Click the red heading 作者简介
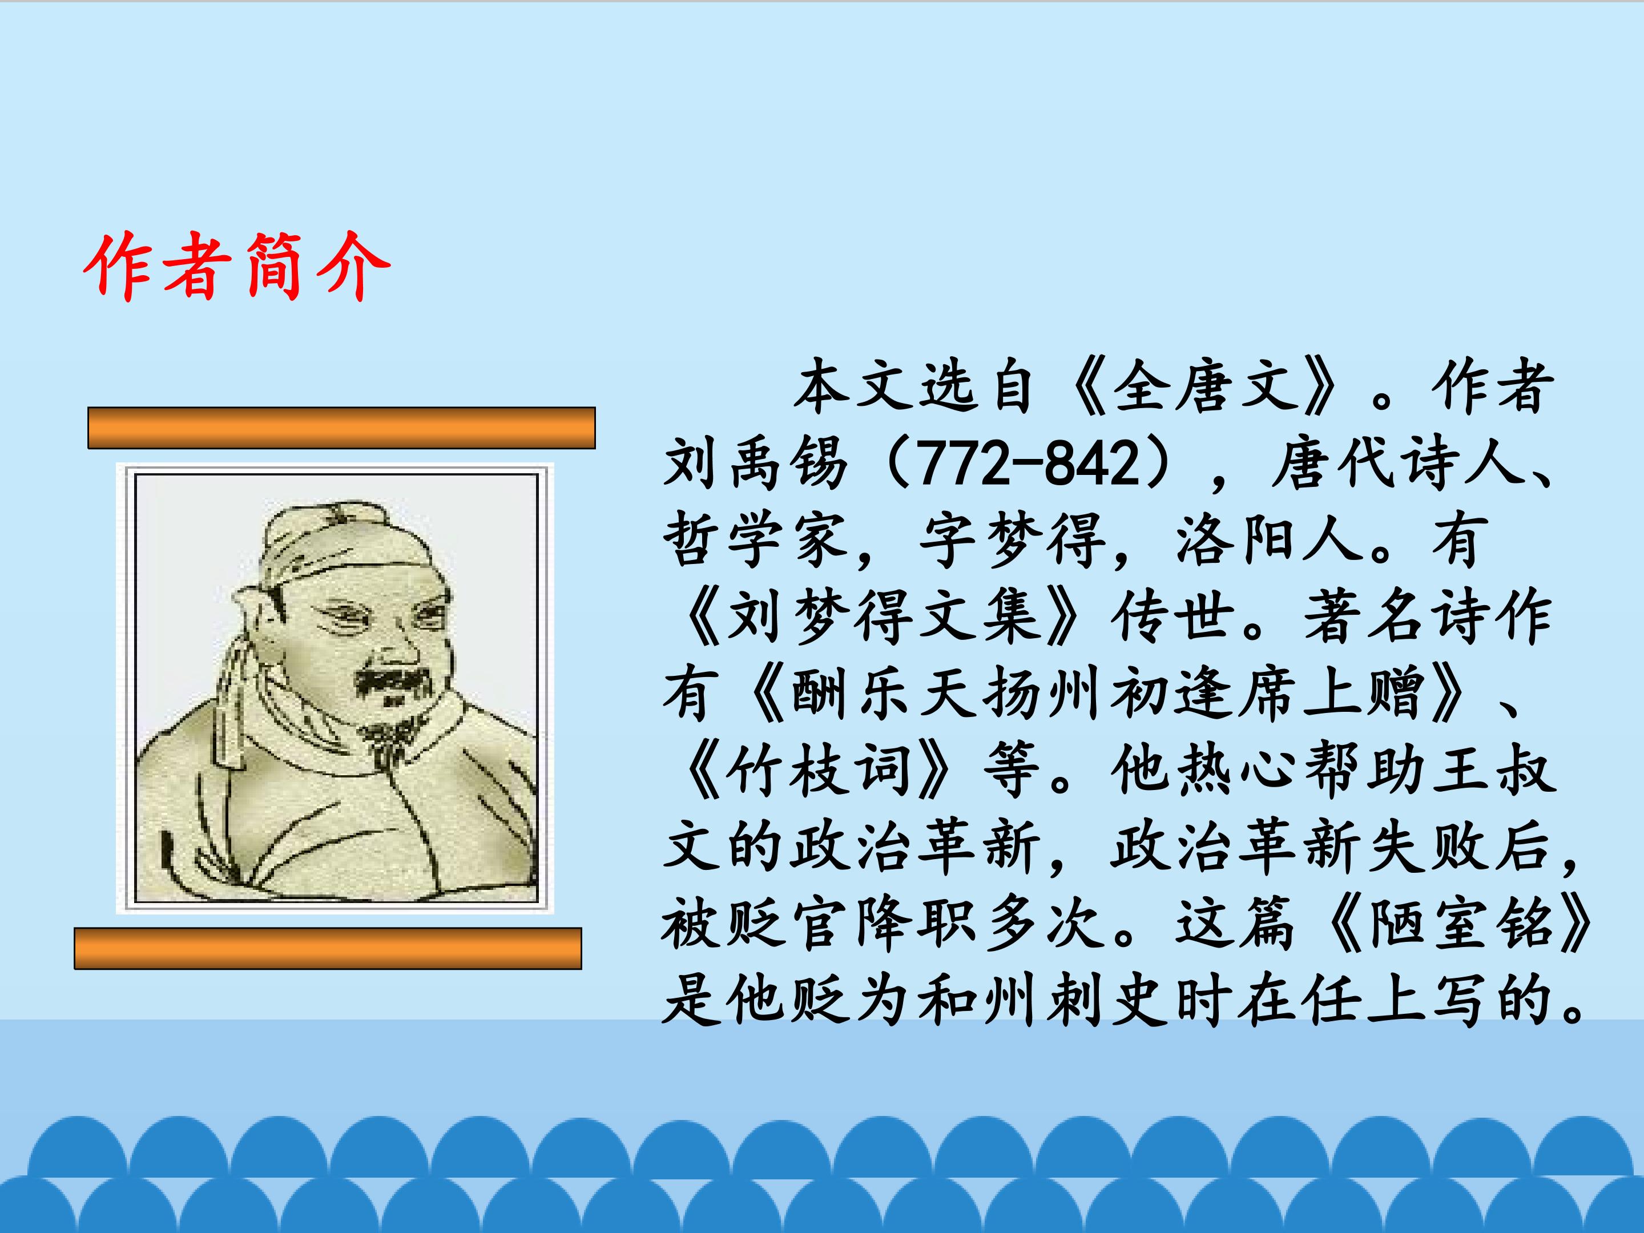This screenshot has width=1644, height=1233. [x=236, y=265]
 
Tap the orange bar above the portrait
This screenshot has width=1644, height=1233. [x=341, y=428]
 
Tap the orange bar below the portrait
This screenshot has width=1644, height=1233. [x=328, y=948]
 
